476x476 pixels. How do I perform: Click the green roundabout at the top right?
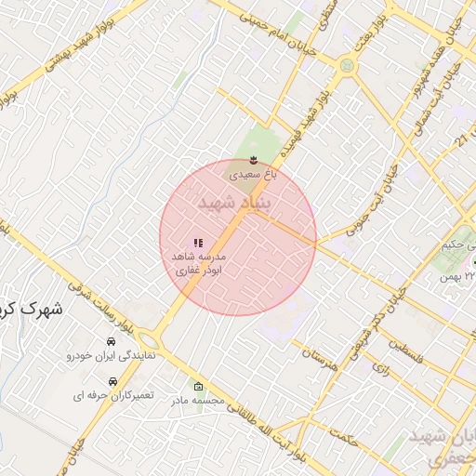point(347,66)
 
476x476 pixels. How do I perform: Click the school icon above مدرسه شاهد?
point(197,243)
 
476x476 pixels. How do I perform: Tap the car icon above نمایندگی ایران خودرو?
point(112,342)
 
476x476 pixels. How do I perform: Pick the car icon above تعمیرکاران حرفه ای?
point(112,381)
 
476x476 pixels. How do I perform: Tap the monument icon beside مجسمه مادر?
point(197,386)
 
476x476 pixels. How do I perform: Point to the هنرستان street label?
point(319,352)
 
